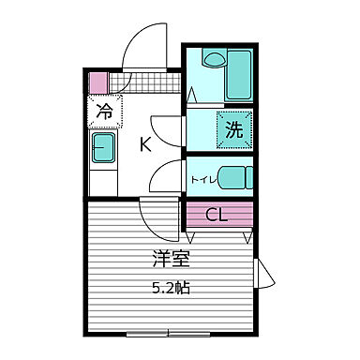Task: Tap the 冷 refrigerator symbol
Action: coord(105,112)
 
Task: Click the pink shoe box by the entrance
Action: coord(98,81)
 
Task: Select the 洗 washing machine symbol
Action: coord(232,130)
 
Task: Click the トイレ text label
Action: coord(201,176)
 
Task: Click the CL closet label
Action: coord(217,215)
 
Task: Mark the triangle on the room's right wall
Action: coord(265,277)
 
